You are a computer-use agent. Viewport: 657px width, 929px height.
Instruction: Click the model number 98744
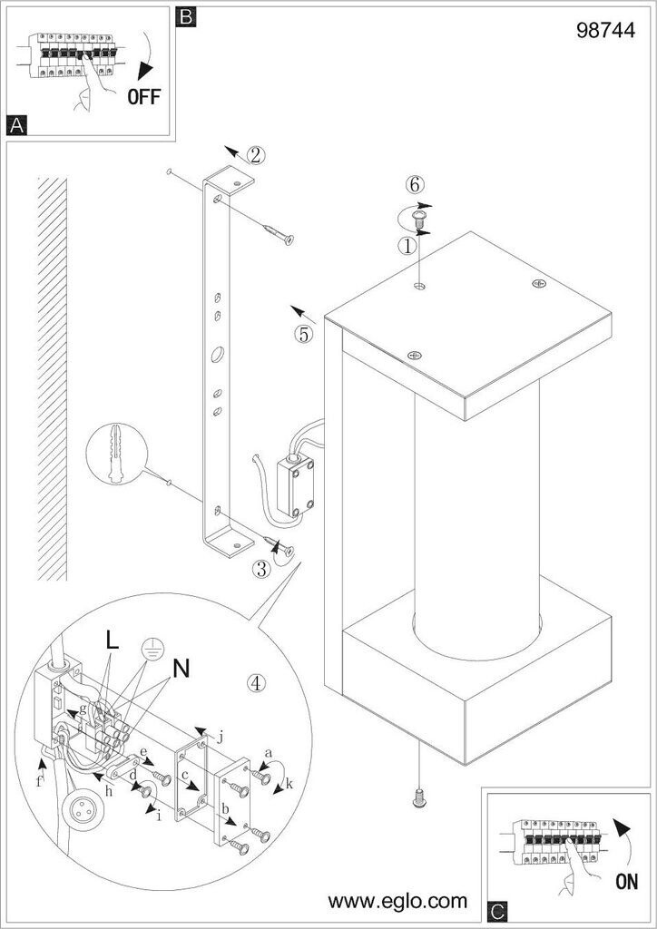603,30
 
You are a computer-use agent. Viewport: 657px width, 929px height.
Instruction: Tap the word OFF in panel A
143,97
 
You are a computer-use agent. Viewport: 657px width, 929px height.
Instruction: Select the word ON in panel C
625,880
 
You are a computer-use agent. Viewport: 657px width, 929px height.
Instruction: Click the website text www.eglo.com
397,901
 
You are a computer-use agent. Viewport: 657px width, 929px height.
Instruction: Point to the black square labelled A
15,126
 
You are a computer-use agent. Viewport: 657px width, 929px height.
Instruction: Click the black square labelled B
184,15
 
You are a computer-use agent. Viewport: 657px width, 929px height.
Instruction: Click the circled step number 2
256,154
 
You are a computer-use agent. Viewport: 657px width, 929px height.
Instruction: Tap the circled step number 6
414,184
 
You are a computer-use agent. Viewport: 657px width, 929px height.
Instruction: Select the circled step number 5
303,333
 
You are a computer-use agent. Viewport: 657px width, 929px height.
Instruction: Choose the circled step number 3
260,569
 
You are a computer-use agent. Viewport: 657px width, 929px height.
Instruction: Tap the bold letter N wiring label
181,669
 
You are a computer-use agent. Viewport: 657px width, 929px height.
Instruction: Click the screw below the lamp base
419,797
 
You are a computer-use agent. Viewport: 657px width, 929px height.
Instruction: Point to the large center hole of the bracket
218,355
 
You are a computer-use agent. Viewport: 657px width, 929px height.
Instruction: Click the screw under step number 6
419,218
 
